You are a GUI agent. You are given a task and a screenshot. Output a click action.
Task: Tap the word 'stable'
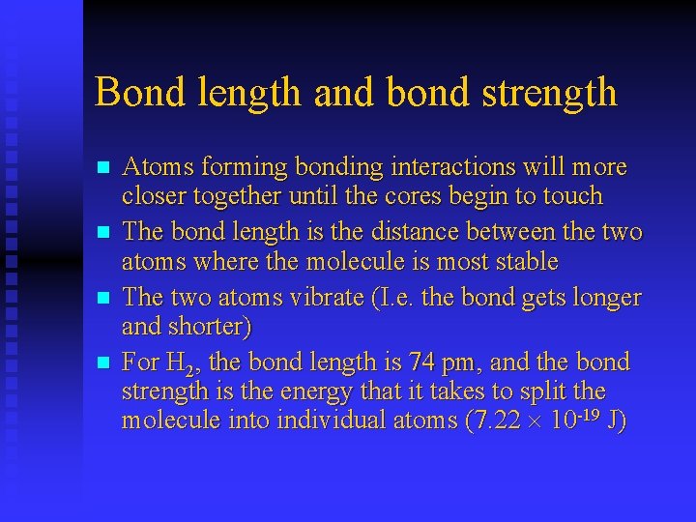(x=525, y=261)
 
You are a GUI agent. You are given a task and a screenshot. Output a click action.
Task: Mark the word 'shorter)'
(x=209, y=327)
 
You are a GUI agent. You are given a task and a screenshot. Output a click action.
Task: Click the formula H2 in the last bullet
(x=177, y=364)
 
